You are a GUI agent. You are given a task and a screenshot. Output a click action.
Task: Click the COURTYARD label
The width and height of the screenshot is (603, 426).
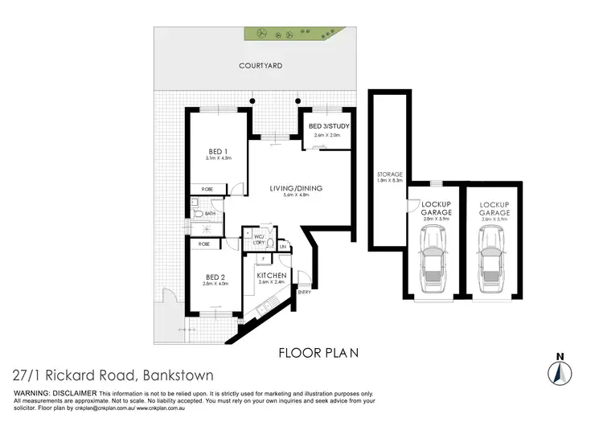pos(259,68)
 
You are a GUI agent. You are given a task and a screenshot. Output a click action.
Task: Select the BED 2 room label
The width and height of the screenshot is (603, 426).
pos(215,276)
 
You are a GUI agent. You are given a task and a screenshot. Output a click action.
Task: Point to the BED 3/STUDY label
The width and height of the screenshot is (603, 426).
pos(326,127)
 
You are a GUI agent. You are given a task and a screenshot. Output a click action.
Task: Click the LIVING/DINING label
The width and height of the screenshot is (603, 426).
pos(297,188)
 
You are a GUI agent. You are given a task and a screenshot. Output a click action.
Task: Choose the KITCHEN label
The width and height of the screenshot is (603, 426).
pos(271,276)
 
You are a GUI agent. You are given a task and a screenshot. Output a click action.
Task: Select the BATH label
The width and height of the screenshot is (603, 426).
pos(210,214)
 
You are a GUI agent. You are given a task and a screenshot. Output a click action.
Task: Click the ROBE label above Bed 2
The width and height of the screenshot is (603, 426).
pos(204,244)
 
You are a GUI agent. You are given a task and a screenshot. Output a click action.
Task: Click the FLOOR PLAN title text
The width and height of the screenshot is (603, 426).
pos(318,352)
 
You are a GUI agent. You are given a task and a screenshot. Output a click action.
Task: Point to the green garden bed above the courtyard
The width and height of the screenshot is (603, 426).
pos(294,34)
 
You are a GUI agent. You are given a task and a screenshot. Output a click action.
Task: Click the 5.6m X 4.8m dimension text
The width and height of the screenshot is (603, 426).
pos(297,197)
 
